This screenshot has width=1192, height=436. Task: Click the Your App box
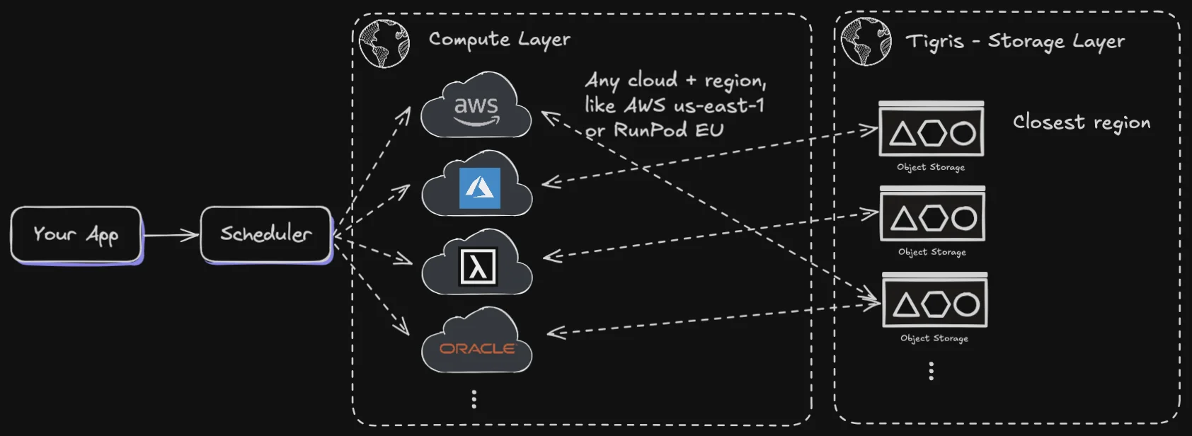76,234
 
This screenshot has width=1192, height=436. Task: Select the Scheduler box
266,234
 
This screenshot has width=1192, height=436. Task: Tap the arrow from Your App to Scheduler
171,235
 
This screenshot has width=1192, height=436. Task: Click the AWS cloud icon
476,108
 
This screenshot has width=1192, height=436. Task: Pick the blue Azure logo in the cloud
480,188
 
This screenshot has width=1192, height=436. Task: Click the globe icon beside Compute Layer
384,43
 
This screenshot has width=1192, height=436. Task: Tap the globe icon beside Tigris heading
866,42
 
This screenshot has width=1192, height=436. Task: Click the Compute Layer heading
499,40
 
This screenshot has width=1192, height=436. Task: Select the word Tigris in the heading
934,42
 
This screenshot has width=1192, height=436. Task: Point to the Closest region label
1081,122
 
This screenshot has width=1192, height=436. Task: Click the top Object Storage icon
932,131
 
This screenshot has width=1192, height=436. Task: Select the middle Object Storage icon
933,217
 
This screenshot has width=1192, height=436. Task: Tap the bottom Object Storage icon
935,303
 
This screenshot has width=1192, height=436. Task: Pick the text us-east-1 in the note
719,106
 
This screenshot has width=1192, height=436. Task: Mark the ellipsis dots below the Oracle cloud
474,399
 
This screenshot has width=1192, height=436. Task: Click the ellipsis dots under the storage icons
932,371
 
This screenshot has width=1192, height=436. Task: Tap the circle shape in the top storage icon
963,133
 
